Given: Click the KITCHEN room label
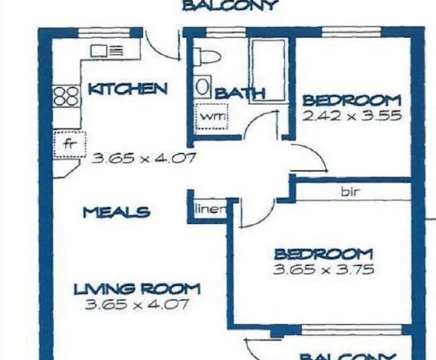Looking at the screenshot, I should click(x=127, y=88).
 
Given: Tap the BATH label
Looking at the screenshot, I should click(x=240, y=94).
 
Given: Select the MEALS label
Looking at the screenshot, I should click(x=116, y=213).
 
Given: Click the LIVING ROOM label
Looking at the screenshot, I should click(x=136, y=288).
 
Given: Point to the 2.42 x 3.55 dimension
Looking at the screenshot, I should click(x=352, y=115).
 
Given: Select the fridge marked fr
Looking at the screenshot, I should click(x=68, y=144).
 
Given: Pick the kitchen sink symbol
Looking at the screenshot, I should click(x=107, y=51).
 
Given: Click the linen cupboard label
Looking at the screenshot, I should click(x=210, y=208).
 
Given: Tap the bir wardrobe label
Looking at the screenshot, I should click(x=351, y=192).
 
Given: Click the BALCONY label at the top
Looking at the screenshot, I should click(x=229, y=6).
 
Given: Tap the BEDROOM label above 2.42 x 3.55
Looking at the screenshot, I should click(x=352, y=100).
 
